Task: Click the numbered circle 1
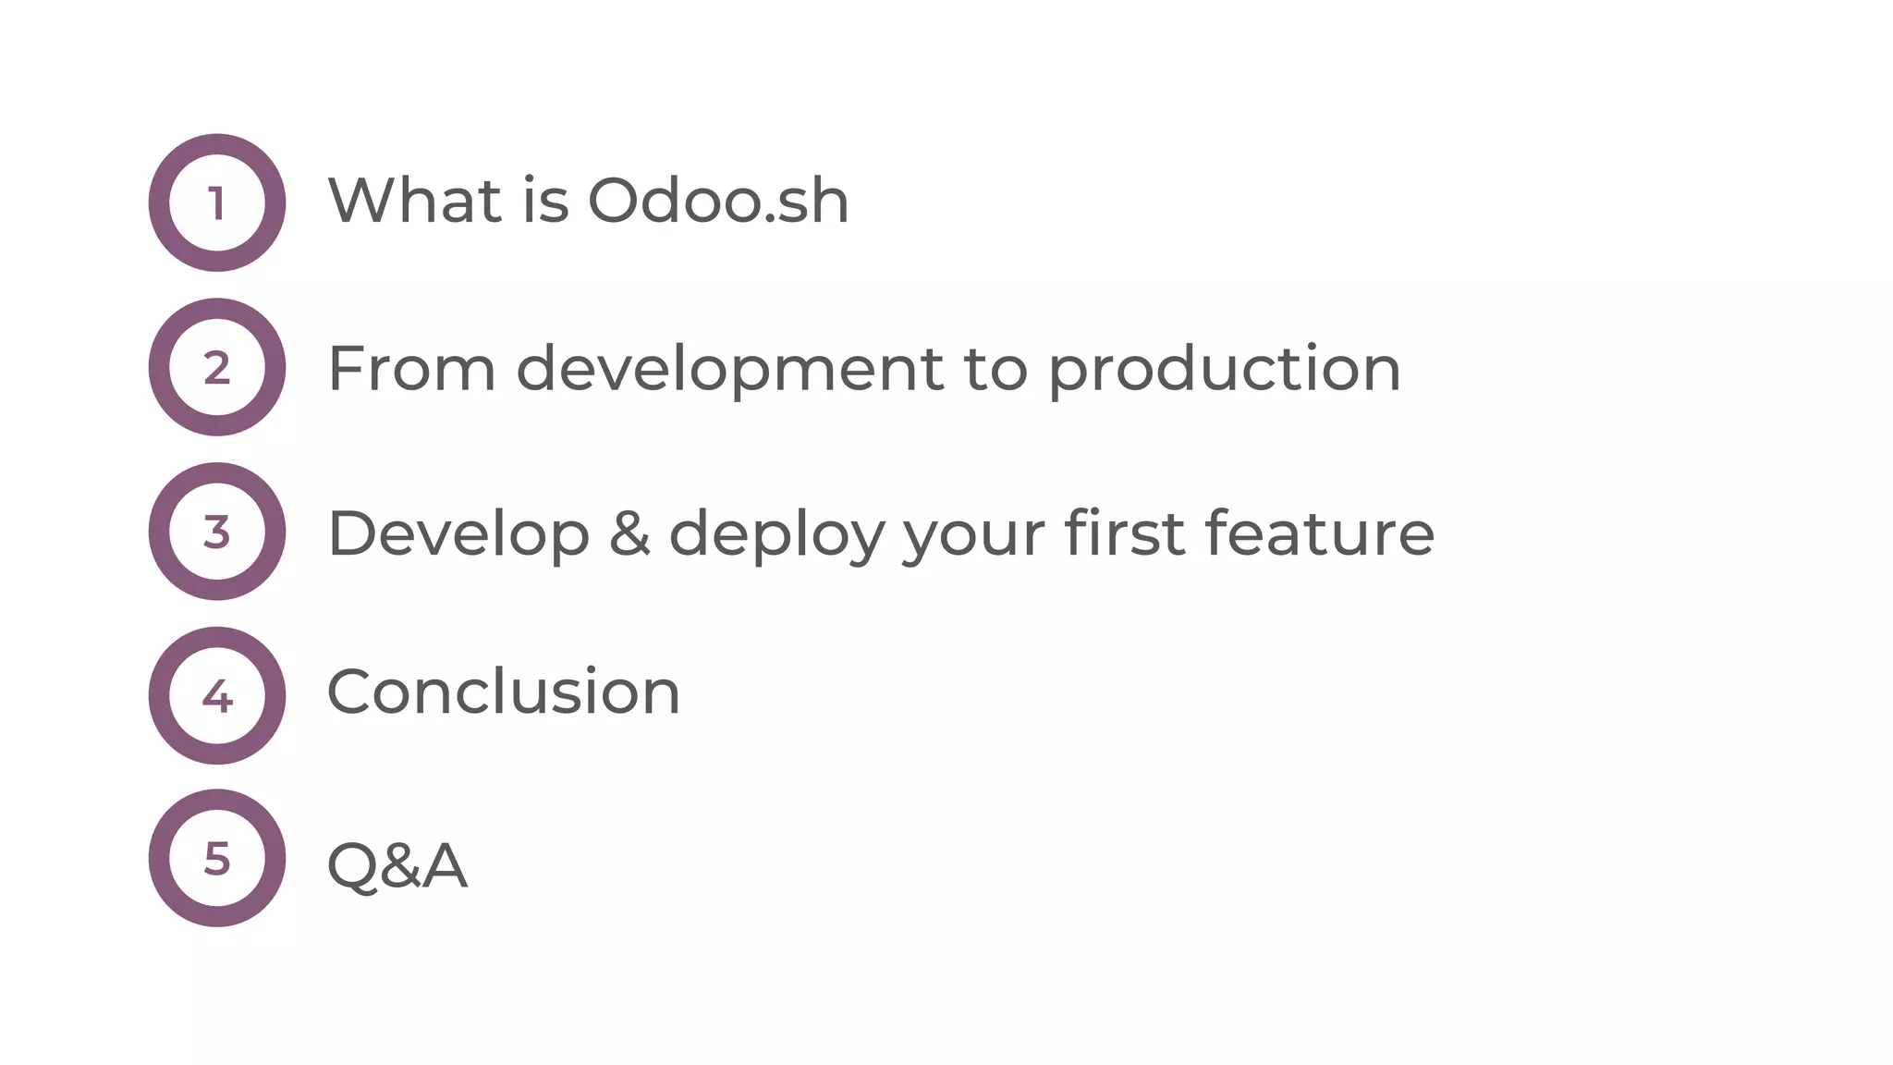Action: click(x=217, y=202)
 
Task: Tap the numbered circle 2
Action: click(x=217, y=367)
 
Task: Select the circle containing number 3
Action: click(x=217, y=532)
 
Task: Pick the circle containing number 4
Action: click(x=217, y=695)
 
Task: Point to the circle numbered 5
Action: click(x=217, y=858)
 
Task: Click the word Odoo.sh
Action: click(x=718, y=201)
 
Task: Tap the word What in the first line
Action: click(x=414, y=201)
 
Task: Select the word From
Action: click(x=411, y=369)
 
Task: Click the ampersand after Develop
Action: click(x=629, y=534)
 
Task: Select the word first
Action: click(x=1124, y=533)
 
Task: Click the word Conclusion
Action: click(x=504, y=692)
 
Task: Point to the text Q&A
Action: click(x=397, y=865)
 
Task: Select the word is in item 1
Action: click(x=545, y=201)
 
